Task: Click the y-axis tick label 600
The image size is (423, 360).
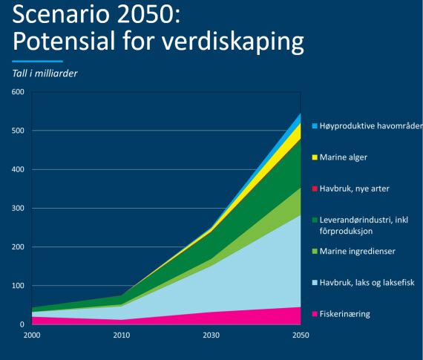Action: [18, 92]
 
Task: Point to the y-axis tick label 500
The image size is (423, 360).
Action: [18, 131]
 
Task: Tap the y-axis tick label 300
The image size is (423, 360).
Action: [18, 208]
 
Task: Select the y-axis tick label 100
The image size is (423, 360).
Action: [18, 286]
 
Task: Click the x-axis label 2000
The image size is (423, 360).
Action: [32, 336]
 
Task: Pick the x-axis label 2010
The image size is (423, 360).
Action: [122, 336]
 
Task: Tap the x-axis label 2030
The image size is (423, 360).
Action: [211, 336]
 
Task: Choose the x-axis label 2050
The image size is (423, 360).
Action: [301, 336]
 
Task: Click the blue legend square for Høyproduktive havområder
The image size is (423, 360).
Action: [315, 126]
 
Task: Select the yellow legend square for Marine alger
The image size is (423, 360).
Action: [315, 157]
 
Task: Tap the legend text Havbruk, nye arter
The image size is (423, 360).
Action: [354, 189]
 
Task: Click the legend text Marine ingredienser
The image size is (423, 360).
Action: [358, 252]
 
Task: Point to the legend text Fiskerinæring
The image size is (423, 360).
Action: [345, 314]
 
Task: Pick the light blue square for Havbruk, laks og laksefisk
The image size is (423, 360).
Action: [315, 283]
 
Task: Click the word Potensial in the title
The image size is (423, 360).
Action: [64, 42]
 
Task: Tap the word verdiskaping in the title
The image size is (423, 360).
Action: [233, 42]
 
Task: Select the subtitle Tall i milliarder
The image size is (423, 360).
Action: [45, 73]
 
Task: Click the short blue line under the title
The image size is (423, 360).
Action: [38, 62]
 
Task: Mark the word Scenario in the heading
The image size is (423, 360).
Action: [61, 14]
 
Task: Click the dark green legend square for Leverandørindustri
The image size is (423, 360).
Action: [315, 220]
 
